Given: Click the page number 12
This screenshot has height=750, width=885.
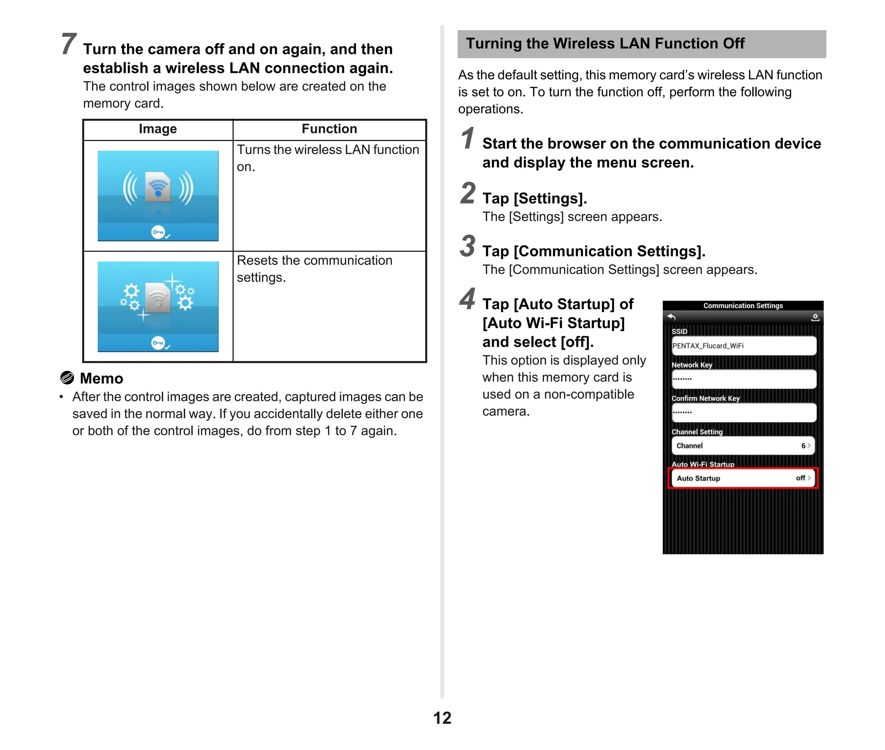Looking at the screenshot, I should tap(442, 718).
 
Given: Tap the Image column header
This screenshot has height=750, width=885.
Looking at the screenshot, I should tap(158, 129).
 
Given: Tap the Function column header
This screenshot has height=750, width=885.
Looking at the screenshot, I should tap(329, 129).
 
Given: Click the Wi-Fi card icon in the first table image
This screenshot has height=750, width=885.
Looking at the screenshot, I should tap(158, 187).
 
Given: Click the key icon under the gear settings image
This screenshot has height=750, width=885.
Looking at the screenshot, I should tap(159, 343).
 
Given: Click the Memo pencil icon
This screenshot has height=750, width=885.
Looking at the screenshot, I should tap(67, 378).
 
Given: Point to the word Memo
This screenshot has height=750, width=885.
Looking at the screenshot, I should tap(102, 379).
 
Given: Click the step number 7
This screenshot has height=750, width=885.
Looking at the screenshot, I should tap(69, 44).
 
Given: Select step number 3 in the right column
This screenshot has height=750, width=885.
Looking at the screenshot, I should tap(468, 246).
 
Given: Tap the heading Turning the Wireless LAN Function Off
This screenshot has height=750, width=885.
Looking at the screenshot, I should tap(605, 44).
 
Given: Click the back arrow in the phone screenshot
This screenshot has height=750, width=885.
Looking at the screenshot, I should tap(671, 317).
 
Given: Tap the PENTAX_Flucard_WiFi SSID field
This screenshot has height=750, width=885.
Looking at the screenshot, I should tap(743, 346).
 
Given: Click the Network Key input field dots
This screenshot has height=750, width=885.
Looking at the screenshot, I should tap(683, 379).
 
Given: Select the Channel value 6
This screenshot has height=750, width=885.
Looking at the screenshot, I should tap(803, 446).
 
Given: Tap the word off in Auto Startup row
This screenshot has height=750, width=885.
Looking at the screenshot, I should tap(800, 478).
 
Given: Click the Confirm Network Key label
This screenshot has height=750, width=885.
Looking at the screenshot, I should tap(705, 399).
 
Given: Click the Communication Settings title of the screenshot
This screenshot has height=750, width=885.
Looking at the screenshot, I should tap(743, 306).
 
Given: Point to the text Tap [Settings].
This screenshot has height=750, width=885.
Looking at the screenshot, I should tap(535, 198).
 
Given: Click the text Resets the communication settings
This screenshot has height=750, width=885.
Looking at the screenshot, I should tap(314, 269).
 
